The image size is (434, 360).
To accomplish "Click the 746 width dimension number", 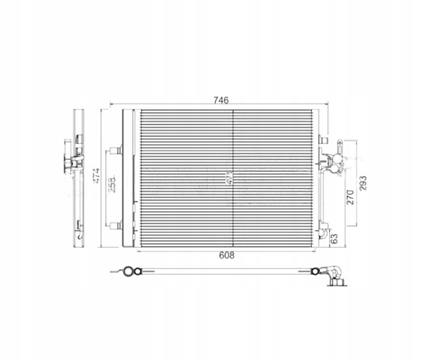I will [x=221, y=100].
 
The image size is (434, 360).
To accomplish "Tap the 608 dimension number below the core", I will [x=227, y=255].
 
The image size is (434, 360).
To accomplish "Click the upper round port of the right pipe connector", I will [x=333, y=158].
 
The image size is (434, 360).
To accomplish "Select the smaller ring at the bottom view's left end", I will [x=138, y=272].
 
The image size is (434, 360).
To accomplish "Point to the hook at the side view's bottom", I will [x=80, y=232].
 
